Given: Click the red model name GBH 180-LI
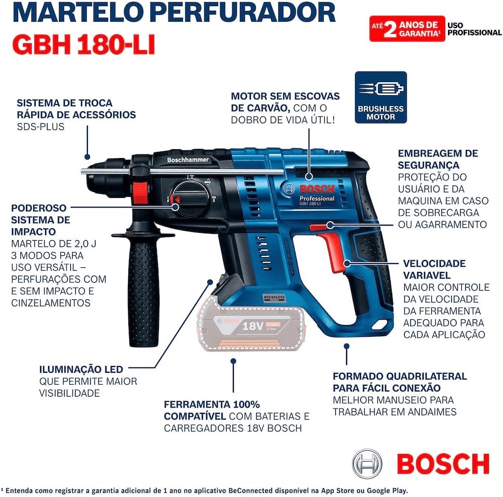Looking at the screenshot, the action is [x=84, y=45].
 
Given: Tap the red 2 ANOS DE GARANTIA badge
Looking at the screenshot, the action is [x=407, y=29].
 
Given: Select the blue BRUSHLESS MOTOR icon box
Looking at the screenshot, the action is [x=381, y=97].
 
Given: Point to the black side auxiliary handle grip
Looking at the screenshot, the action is [x=143, y=289].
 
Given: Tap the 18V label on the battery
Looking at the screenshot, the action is [x=253, y=326].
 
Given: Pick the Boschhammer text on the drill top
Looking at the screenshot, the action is [x=188, y=160].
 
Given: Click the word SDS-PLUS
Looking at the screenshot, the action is [x=41, y=127].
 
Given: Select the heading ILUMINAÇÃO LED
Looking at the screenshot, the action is [x=81, y=369].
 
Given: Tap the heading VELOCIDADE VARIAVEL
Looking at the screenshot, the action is [x=434, y=269].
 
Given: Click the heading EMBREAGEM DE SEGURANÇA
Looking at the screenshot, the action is [x=438, y=159].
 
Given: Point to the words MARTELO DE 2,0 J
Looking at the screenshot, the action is [x=54, y=243].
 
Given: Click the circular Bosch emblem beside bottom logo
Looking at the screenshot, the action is [x=367, y=464].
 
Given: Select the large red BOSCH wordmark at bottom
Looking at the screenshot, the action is [x=443, y=464].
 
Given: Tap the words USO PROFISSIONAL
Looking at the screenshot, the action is [x=474, y=29].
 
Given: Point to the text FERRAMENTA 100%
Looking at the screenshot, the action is [x=211, y=404].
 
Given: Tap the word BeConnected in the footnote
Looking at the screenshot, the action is [x=250, y=491].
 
